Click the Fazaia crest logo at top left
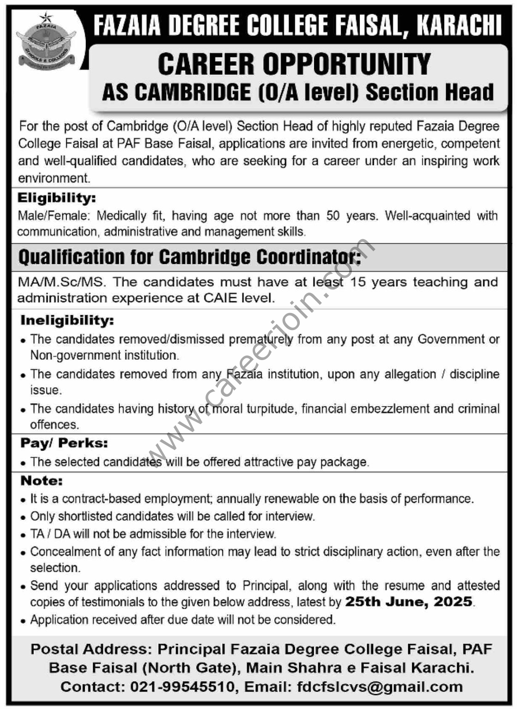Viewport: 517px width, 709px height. [42, 41]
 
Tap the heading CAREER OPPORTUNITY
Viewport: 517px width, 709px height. [294, 64]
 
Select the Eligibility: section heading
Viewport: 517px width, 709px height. [57, 198]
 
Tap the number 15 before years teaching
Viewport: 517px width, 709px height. [358, 282]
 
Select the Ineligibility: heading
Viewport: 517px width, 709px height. [67, 320]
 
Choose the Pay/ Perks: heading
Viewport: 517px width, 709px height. [64, 443]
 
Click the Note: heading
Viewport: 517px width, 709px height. [42, 481]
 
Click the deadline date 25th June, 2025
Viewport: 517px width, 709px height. [409, 602]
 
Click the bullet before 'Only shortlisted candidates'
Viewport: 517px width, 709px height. [24, 517]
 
